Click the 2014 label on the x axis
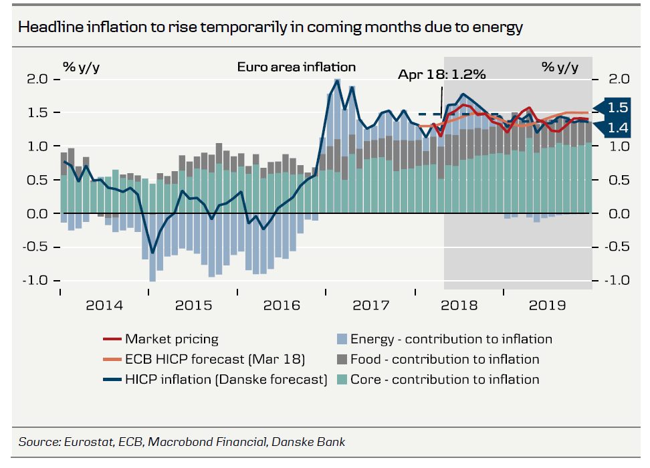pos(104,306)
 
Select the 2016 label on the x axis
pos(282,306)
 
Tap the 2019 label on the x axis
pos(548,306)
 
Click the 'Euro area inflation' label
pos(296,67)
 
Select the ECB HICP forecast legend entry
pos(214,359)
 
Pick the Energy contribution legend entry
pos(451,339)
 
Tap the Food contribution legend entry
pos(445,359)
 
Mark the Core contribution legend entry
pos(445,380)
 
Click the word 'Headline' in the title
pos(47,27)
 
